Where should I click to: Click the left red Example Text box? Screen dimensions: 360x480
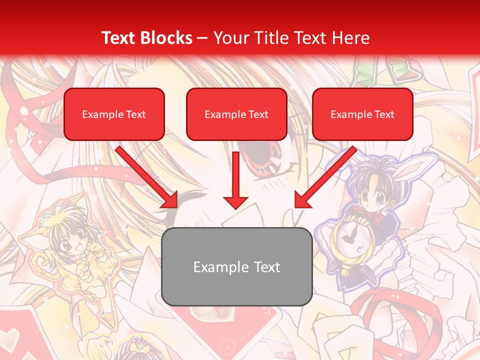pos(114,114)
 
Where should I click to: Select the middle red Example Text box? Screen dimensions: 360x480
pos(236,114)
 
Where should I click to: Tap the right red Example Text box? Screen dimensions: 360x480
pos(362,114)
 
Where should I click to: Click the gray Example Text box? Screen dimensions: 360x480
pos(236,266)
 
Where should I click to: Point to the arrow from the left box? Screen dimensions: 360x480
pos(147,177)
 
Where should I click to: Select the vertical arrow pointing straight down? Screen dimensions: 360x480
pos(235,180)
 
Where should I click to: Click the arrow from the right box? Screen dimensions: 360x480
pos(325,177)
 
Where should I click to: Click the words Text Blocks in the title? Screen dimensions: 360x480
pos(147,38)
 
